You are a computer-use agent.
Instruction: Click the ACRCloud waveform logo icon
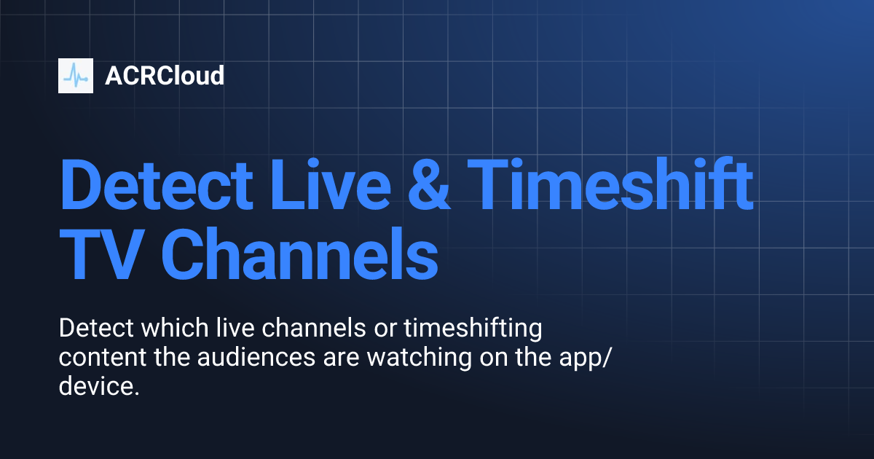[76, 76]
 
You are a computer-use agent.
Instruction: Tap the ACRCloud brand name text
[165, 76]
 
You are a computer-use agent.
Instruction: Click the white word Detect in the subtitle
[96, 329]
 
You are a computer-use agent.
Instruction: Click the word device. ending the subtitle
[98, 387]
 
